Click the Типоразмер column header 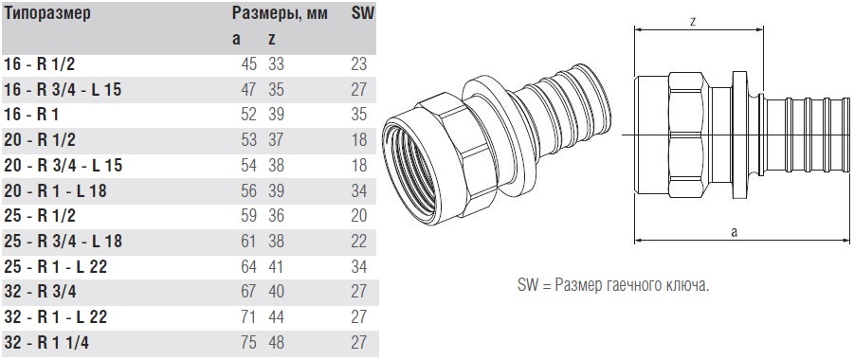coord(46,13)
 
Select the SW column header coord(363,13)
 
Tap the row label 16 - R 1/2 coord(39,64)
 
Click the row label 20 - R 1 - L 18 coord(55,190)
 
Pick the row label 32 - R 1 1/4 coord(45,343)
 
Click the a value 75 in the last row coord(248,343)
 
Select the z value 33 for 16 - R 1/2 coord(276,64)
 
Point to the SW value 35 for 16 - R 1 coord(359,115)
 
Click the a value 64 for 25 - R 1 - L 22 coord(248,267)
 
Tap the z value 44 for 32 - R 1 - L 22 coord(276,317)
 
